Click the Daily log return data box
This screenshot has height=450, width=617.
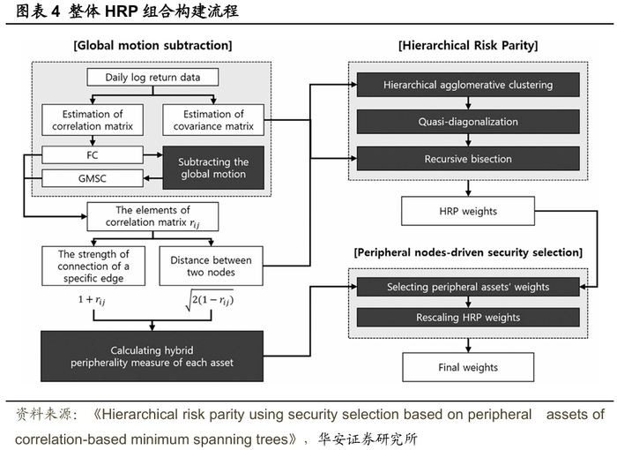[152, 78]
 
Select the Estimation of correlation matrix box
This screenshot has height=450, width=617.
[86, 120]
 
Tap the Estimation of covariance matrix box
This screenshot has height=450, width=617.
[214, 120]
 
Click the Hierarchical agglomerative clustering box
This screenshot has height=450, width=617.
[468, 85]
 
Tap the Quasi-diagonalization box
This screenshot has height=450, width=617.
[468, 122]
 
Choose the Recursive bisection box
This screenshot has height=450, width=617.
[468, 159]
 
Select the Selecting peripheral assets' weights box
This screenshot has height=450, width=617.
[468, 287]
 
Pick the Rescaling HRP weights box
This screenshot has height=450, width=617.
[468, 318]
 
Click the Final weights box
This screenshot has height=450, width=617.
[467, 366]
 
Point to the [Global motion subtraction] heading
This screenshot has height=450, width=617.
[153, 43]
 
